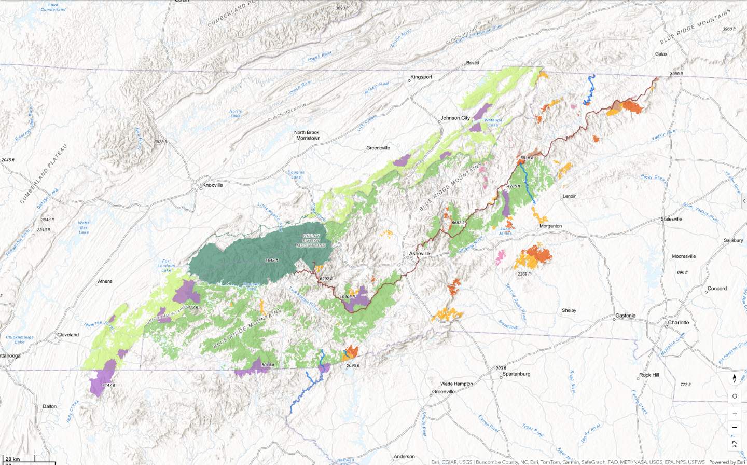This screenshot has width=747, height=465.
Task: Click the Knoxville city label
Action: (212, 185)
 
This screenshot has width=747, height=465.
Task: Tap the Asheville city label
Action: (419, 254)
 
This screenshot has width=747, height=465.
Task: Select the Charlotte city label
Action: (678, 322)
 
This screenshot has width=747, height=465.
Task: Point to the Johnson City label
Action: (455, 118)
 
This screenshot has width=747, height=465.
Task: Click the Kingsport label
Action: (421, 77)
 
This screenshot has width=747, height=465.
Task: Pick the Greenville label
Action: (443, 392)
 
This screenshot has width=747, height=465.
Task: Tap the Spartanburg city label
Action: (516, 374)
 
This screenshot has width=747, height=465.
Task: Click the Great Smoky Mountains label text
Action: (311, 240)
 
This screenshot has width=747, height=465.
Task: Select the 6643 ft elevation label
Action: (271, 260)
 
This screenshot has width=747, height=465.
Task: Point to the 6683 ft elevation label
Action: (457, 223)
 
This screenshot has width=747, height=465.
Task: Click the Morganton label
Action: (550, 226)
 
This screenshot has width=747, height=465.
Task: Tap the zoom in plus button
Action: (735, 414)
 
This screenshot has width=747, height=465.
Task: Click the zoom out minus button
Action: (735, 428)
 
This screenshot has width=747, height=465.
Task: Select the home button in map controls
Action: (735, 444)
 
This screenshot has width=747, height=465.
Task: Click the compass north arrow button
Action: (735, 379)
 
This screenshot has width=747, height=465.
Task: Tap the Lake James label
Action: (505, 231)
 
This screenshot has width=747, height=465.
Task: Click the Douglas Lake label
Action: (296, 174)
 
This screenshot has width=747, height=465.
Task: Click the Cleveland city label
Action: (68, 335)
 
